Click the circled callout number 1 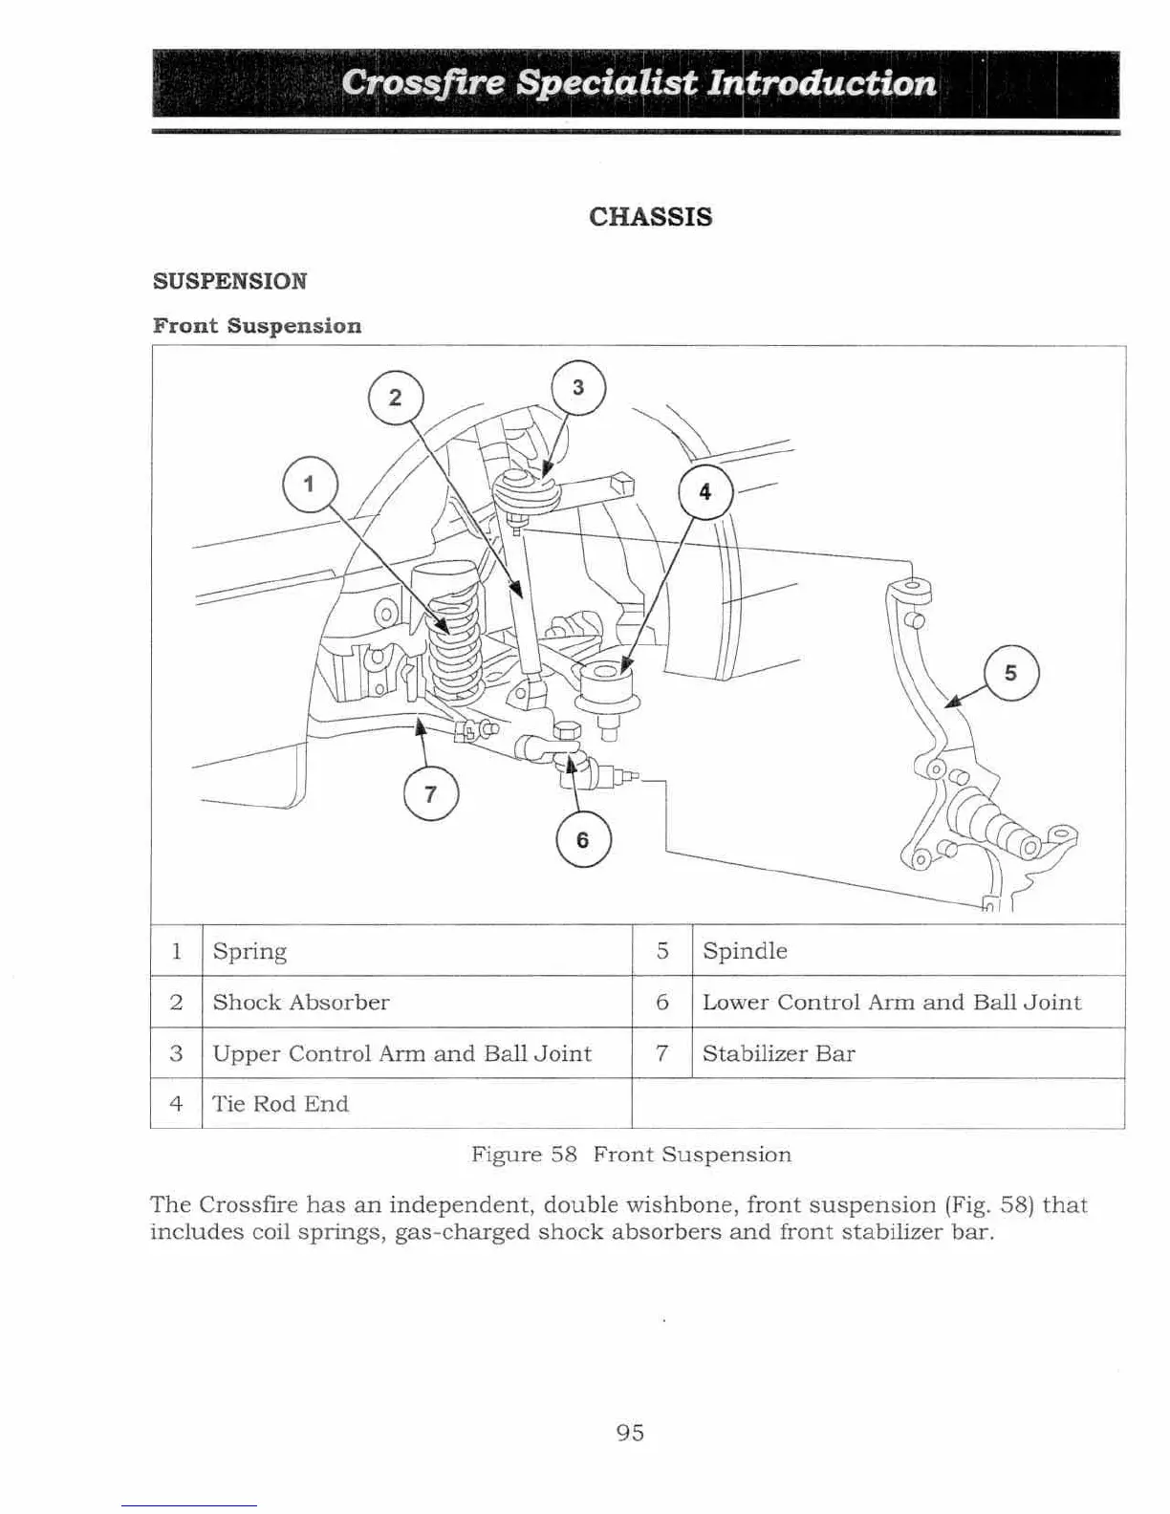point(310,484)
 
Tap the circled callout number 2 point(395,397)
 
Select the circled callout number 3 point(578,387)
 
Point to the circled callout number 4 point(705,492)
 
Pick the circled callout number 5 point(1011,674)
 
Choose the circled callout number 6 point(582,840)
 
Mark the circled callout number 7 point(430,794)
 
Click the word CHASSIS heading point(650,217)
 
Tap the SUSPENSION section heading point(230,281)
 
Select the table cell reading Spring point(249,951)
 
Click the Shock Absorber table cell point(301,1002)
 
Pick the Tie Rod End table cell point(280,1104)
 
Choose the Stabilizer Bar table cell point(778,1053)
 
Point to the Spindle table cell point(745,951)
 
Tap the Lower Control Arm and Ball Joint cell point(891,1002)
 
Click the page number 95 point(630,1432)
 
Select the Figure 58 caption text point(631,1155)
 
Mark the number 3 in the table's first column point(176,1053)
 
